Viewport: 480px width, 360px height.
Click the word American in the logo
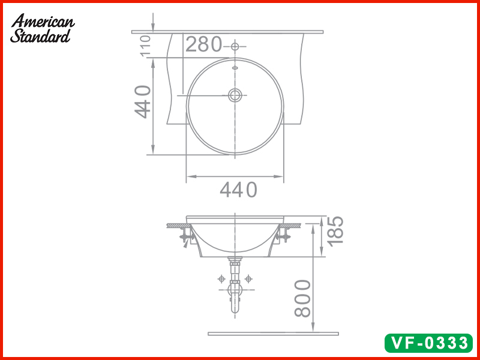point(43,22)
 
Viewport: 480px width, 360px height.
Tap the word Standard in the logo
point(40,36)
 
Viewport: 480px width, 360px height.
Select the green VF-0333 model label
point(428,343)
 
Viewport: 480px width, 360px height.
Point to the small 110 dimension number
point(145,46)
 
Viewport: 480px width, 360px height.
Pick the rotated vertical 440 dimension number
point(143,102)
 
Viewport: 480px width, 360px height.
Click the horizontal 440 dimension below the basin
point(238,190)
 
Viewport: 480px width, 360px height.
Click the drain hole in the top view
point(235,94)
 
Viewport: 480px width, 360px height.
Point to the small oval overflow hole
point(235,67)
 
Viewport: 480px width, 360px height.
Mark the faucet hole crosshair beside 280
point(235,46)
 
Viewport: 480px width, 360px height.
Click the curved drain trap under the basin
point(234,297)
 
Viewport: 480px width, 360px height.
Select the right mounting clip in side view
point(283,237)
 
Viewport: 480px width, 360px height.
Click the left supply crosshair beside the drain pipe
point(221,279)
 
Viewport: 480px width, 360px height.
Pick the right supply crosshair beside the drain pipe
point(248,279)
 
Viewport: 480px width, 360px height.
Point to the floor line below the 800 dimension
point(273,334)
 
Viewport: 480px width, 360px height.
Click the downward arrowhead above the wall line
point(153,28)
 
